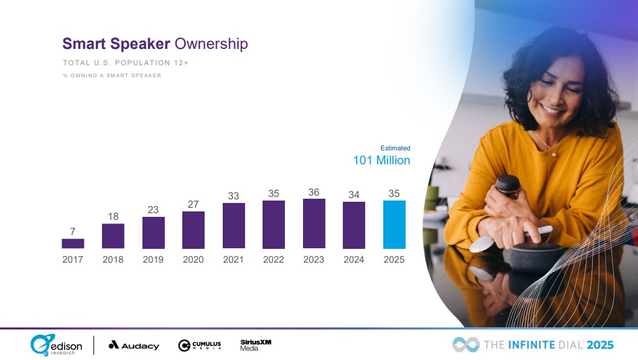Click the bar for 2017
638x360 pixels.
(72, 243)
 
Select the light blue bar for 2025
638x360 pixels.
(394, 225)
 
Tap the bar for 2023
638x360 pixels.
(314, 223)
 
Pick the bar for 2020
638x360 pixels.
(193, 230)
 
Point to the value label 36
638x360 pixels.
(314, 192)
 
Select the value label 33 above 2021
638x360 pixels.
(234, 196)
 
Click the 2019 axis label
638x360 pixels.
(153, 260)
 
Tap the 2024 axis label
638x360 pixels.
(354, 260)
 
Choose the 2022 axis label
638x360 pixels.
(273, 260)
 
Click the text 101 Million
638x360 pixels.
(381, 161)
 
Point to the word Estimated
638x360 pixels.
(395, 148)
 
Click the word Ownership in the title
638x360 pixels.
(211, 43)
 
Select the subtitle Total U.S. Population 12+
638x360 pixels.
(126, 63)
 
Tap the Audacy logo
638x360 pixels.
(134, 346)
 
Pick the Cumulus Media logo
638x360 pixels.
(200, 346)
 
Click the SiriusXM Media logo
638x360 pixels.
(256, 344)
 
